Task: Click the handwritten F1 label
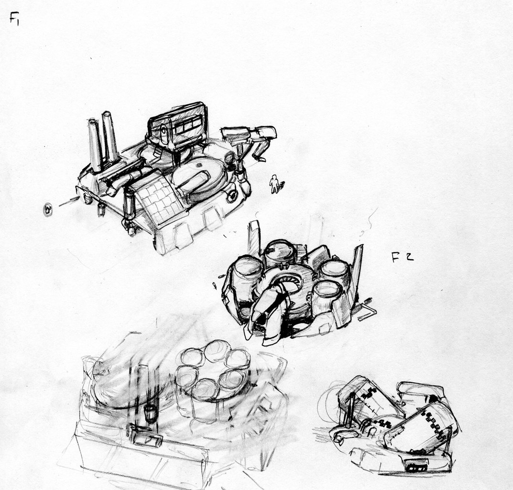point(14,18)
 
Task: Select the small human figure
point(274,184)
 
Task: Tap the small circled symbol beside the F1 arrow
point(48,209)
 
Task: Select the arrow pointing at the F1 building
point(69,202)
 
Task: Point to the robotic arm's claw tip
point(260,158)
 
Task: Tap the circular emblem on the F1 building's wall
point(232,196)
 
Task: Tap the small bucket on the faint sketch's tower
point(150,413)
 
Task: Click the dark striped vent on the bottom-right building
point(416,466)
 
